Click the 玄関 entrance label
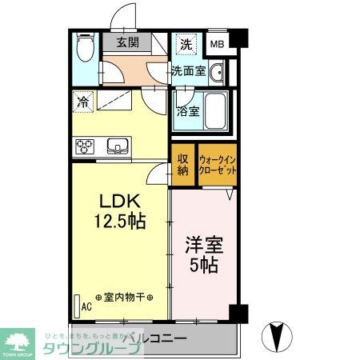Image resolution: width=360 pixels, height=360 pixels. click(127, 43)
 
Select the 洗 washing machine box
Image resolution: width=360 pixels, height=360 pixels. click(185, 43)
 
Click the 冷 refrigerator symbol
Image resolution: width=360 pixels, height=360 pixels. click(83, 102)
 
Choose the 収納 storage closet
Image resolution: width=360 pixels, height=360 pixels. click(182, 164)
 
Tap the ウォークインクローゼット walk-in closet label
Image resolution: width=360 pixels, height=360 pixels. click(217, 165)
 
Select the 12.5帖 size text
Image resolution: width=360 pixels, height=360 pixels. click(120, 220)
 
